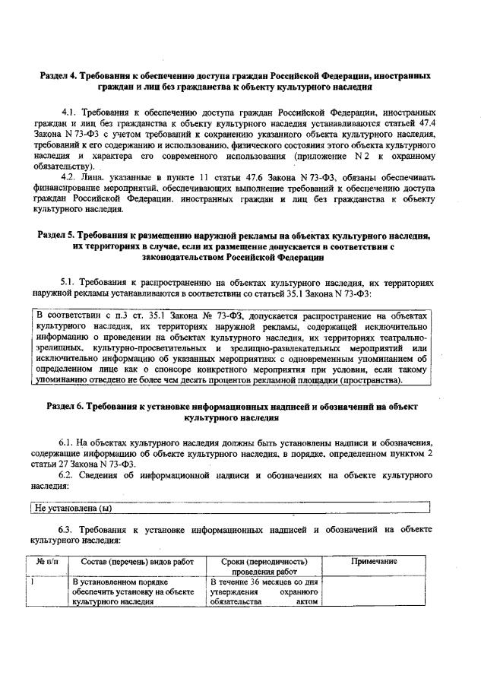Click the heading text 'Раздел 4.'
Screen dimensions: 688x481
60,76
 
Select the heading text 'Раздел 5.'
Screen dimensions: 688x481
59,236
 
